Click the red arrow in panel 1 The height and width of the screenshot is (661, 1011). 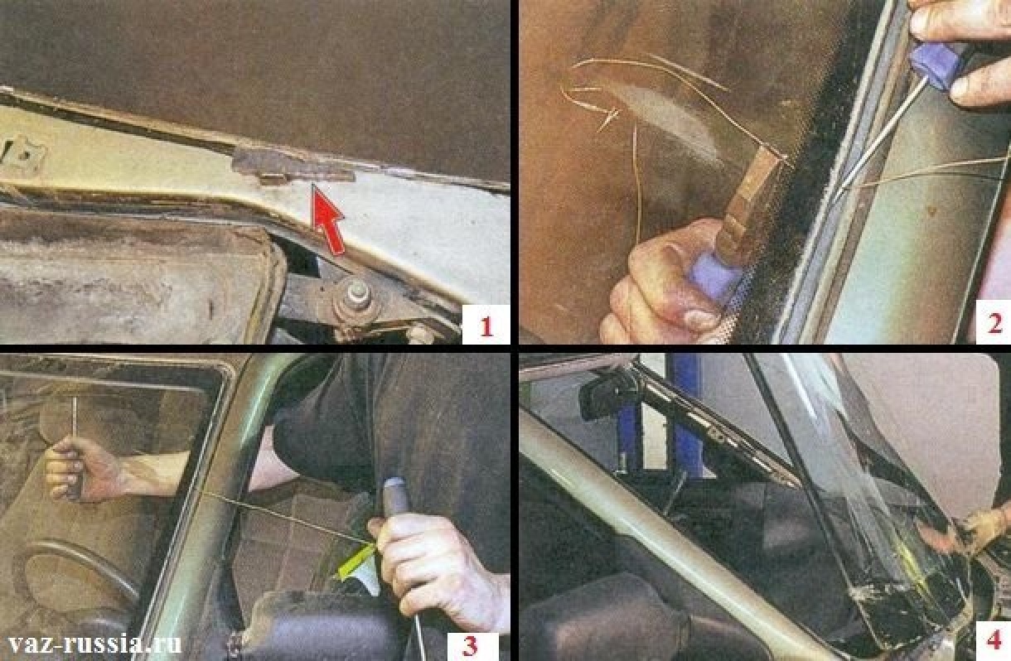tap(328, 220)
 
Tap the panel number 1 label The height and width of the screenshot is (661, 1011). tap(486, 326)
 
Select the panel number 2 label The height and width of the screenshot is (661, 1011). tap(994, 324)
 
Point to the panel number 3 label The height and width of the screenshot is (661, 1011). tap(471, 646)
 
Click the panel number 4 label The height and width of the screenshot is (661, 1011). tap(994, 640)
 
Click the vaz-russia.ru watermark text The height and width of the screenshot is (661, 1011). tap(94, 644)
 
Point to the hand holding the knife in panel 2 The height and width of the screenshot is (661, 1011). tap(668, 284)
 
